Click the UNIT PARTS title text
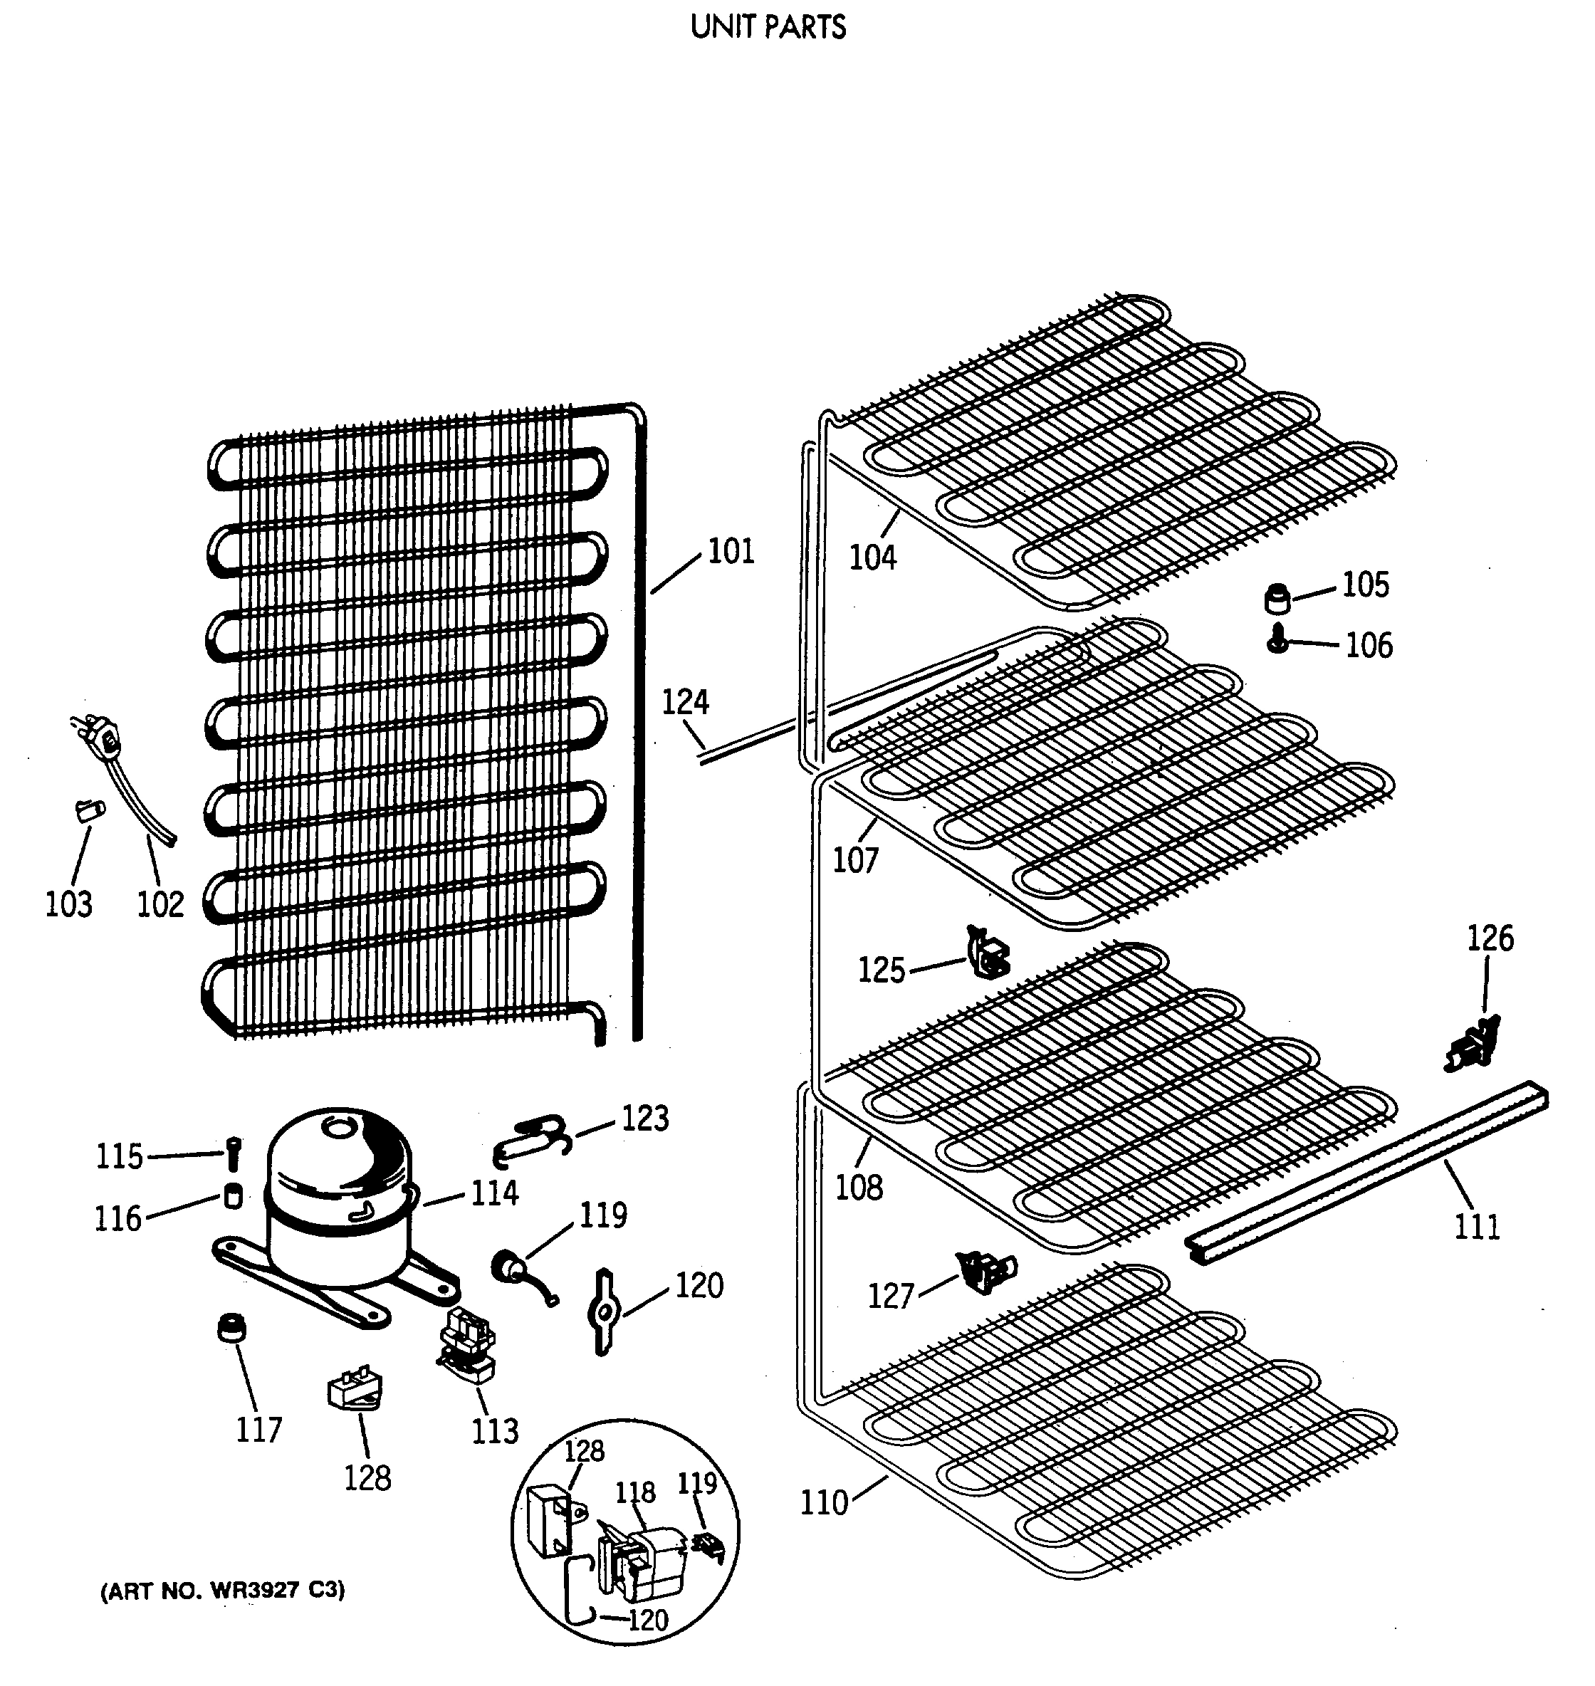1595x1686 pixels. click(768, 28)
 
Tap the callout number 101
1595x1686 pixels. click(731, 552)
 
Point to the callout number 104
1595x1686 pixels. click(873, 557)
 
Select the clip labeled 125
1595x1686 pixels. click(987, 951)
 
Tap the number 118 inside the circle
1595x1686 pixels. click(635, 1492)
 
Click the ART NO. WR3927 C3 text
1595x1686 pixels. click(223, 1591)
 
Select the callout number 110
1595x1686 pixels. click(824, 1503)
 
